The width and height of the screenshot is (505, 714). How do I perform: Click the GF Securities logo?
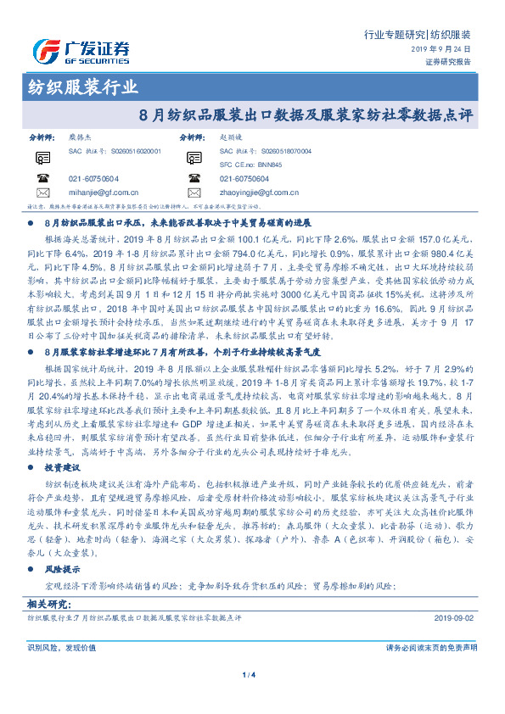coord(81,50)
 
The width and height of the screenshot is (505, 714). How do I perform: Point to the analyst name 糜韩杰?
coord(81,136)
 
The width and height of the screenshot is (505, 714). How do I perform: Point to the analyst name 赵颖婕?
coord(232,136)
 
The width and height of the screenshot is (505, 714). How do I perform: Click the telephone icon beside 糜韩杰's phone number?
coord(42,178)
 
